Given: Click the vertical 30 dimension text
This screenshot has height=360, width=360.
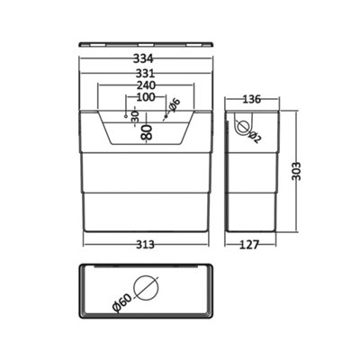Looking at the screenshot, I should tap(135, 115).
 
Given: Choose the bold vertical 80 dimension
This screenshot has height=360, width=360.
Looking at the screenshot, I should tap(147, 132).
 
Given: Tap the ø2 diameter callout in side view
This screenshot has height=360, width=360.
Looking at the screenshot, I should tap(256, 135).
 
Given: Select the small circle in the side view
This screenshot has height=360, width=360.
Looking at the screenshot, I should tap(241, 127).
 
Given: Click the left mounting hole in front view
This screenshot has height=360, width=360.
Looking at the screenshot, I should tap(125, 116).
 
